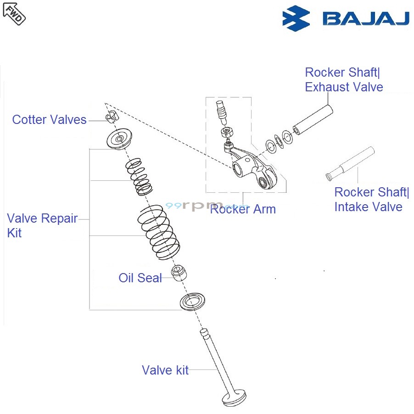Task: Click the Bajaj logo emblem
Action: coord(296,18)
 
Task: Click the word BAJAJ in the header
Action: coord(366,18)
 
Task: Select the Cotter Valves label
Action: coord(49,120)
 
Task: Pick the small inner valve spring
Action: coord(139,177)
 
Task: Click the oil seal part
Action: coord(179,272)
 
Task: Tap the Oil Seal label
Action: coord(140,278)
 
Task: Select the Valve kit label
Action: coord(165,370)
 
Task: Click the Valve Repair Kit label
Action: coord(42,225)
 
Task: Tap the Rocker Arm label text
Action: coord(243,209)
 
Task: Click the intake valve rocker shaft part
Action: coord(351,163)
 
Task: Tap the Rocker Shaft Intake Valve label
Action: coord(371,200)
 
